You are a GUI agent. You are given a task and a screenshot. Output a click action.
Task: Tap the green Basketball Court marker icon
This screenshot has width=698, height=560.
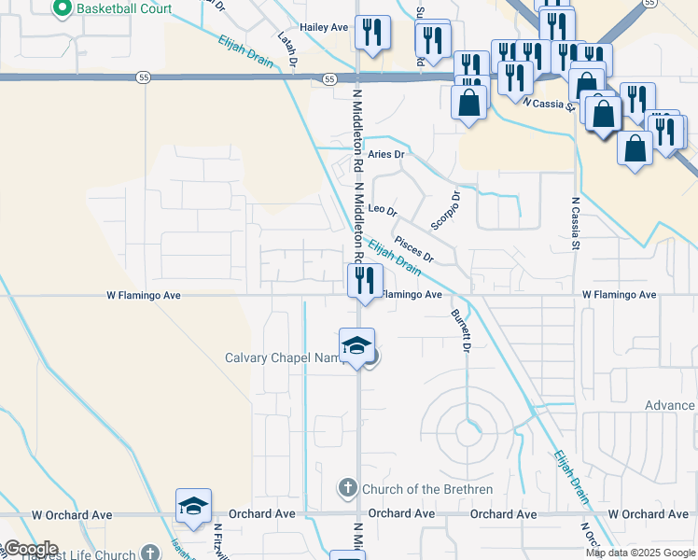tap(63, 9)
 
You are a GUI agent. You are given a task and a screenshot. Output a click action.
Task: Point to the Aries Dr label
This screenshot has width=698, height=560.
tap(386, 154)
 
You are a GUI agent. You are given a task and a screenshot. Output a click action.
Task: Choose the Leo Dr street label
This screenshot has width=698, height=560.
tap(384, 209)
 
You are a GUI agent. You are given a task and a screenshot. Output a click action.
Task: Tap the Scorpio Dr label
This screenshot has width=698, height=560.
tap(446, 211)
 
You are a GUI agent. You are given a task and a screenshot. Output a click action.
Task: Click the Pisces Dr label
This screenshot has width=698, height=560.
tap(414, 249)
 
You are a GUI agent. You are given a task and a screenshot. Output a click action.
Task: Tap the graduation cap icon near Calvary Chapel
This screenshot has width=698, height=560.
tap(356, 346)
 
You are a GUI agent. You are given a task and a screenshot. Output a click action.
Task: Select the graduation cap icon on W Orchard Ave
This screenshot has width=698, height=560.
tap(193, 506)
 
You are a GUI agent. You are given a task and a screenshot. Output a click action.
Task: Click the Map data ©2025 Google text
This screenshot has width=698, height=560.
tap(640, 553)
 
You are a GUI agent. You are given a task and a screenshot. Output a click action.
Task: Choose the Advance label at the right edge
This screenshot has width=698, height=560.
tap(670, 405)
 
